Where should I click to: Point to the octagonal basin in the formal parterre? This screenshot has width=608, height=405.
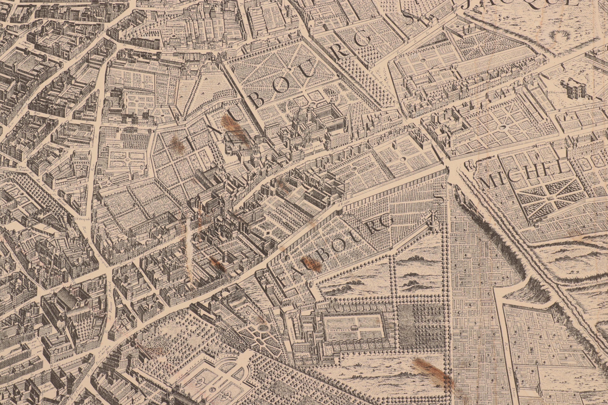263,328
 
